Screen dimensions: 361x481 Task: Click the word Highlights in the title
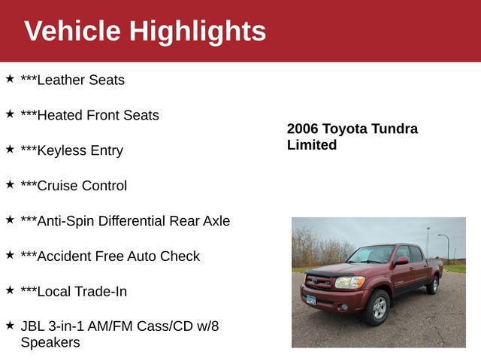coord(198,31)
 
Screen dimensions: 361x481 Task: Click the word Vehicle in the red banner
coord(72,31)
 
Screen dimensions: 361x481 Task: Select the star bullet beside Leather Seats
coord(10,78)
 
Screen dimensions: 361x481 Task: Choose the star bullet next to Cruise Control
coord(10,184)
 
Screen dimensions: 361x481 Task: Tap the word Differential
coord(136,221)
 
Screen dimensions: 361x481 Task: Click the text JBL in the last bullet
coord(33,327)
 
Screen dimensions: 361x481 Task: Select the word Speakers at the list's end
coord(50,343)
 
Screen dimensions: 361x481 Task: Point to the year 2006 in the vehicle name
coord(303,129)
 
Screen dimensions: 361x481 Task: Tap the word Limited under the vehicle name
coord(312,145)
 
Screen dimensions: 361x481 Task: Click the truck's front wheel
coord(379,307)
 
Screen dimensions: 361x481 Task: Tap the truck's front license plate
coord(310,299)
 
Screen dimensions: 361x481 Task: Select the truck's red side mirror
coord(401,261)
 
